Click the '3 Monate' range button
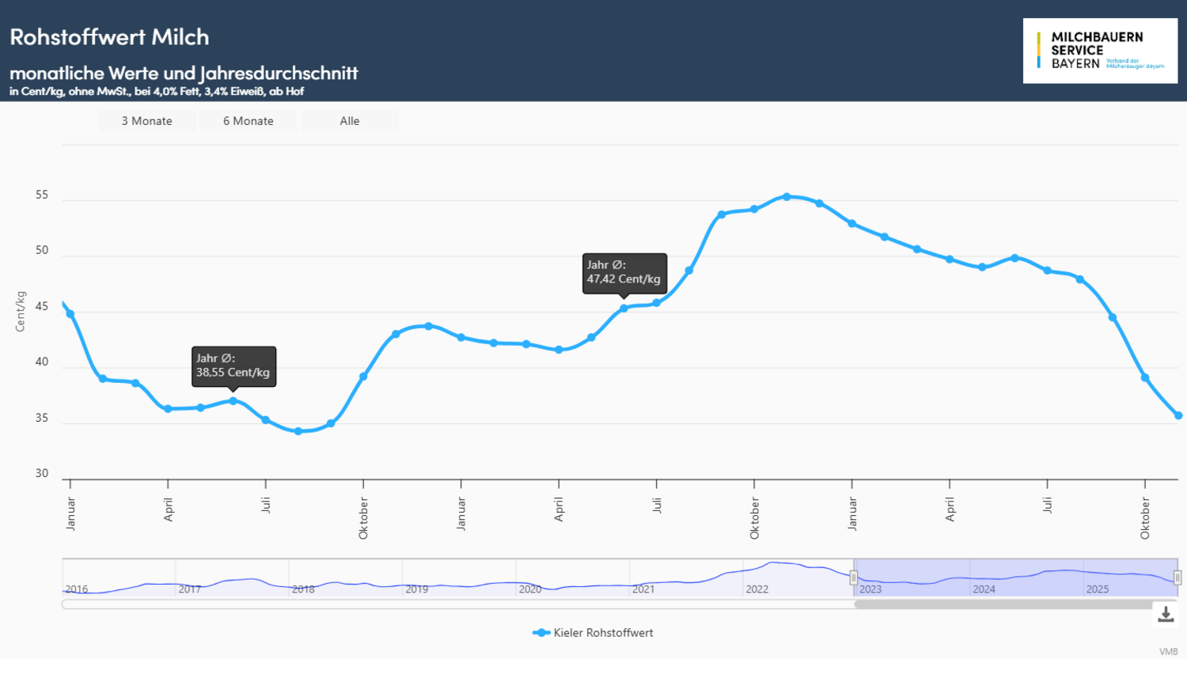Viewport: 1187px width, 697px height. point(146,121)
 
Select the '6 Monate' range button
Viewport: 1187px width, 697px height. point(248,121)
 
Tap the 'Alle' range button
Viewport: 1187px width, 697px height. point(349,121)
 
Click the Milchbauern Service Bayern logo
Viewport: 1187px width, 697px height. point(1099,51)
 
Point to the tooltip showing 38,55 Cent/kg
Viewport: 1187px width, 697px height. point(233,366)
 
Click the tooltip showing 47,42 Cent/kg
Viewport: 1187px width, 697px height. point(624,272)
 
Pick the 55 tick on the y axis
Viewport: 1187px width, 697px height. point(42,195)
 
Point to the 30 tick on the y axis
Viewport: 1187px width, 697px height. point(42,473)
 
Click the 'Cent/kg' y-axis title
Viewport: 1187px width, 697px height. point(21,311)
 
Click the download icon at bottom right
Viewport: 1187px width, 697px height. point(1165,614)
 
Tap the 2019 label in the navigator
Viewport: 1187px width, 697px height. point(416,589)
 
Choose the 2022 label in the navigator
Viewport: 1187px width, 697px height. point(757,589)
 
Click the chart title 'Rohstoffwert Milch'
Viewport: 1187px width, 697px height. point(109,37)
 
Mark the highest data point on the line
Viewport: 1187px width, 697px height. point(787,197)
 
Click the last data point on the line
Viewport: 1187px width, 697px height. point(1178,415)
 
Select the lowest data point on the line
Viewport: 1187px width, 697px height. point(298,431)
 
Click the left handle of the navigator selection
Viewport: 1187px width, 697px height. point(854,578)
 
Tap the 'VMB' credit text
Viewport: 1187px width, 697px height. point(1168,652)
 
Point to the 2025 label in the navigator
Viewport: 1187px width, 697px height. point(1097,589)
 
